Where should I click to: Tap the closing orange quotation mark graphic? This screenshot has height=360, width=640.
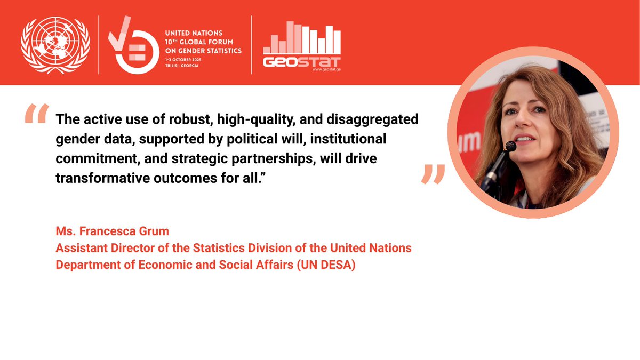pos(433,174)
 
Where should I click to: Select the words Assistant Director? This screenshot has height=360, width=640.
pos(101,248)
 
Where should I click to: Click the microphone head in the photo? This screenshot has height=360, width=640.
pos(510,146)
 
